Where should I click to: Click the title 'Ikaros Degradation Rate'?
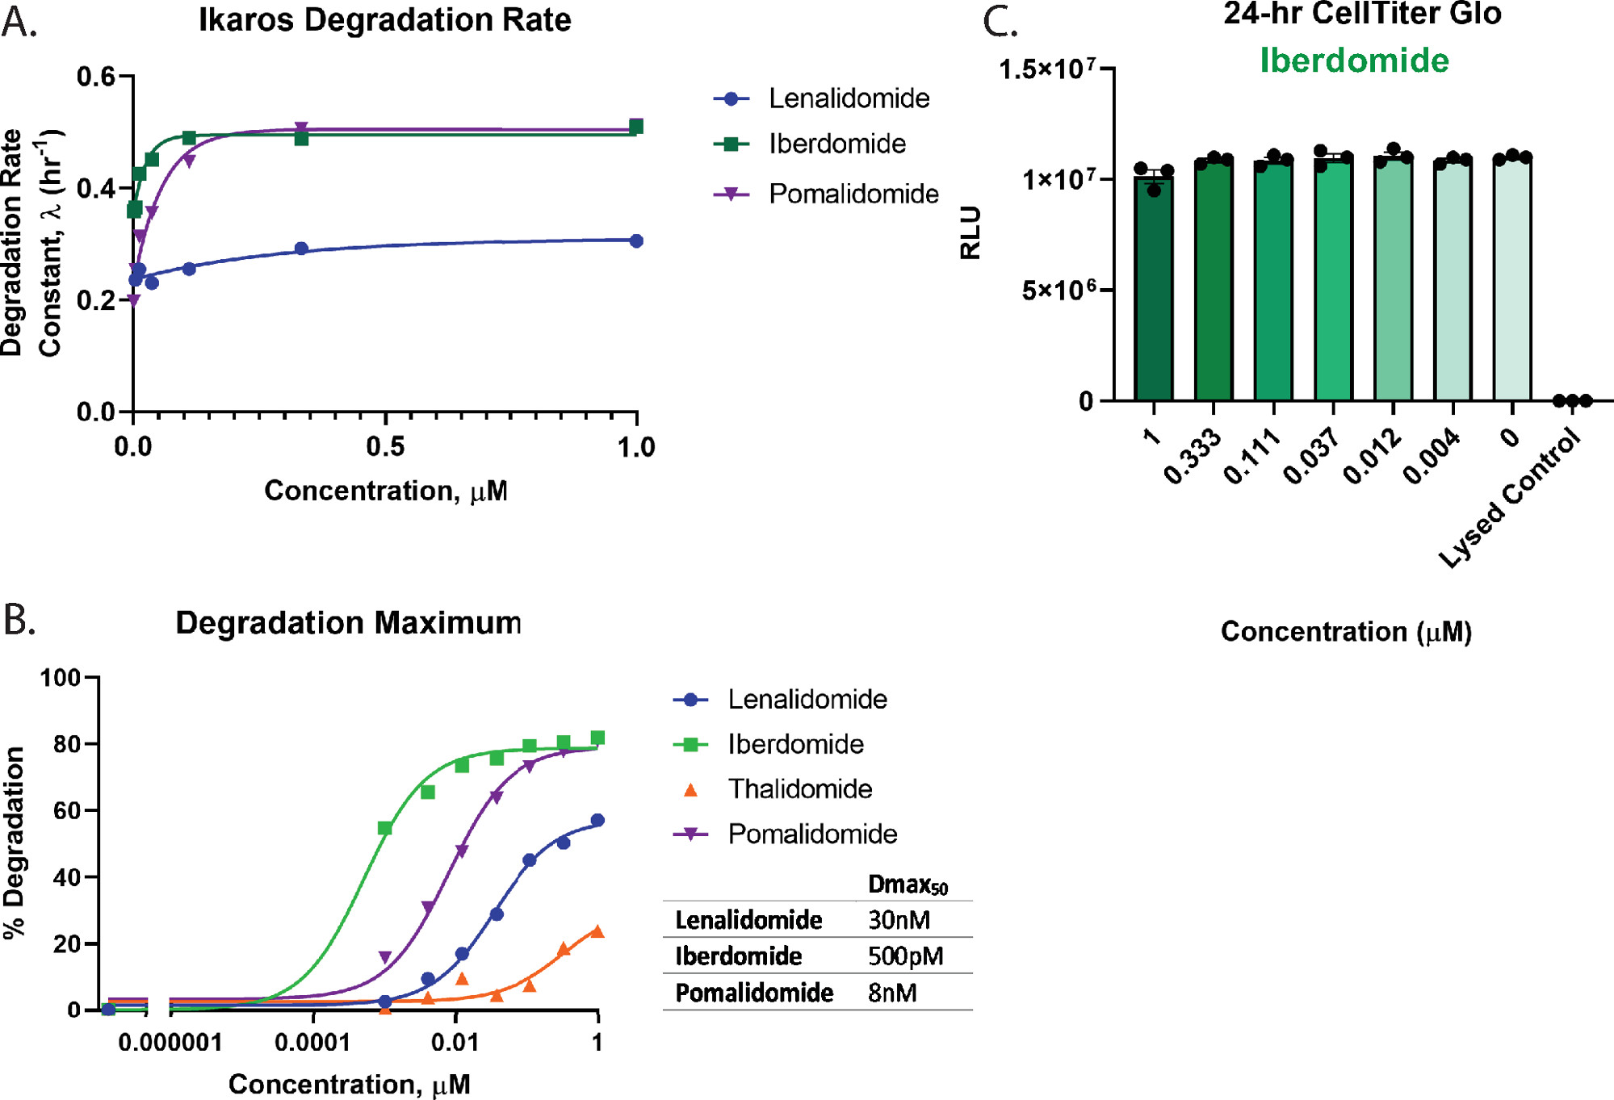pos(384,20)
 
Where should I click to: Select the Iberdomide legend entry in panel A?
pos(836,144)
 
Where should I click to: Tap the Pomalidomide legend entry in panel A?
pos(853,194)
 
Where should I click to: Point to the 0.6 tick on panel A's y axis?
pos(95,77)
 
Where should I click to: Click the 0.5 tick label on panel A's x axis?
pos(385,446)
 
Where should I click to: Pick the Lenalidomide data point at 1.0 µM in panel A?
pos(636,240)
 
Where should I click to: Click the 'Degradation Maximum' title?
pos(348,623)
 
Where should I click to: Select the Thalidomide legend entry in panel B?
pos(799,788)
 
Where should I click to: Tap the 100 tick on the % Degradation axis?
pos(61,677)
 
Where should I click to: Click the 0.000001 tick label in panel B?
pos(170,1042)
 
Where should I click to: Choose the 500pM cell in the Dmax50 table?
pos(905,956)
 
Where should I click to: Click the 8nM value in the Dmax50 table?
pos(892,993)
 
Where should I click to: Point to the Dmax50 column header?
pos(908,885)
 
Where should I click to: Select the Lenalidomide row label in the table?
pos(748,920)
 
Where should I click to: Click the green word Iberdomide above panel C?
pos(1354,61)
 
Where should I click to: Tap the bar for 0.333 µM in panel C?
pos(1214,278)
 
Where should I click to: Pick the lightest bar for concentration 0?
pos(1512,278)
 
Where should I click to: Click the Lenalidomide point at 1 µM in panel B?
pos(597,821)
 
